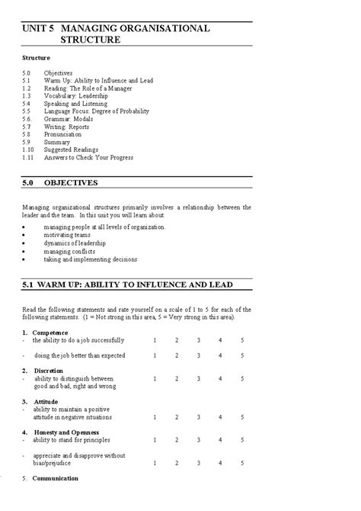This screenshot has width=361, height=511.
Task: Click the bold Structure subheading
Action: (37, 57)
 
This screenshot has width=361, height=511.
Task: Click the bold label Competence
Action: (50, 332)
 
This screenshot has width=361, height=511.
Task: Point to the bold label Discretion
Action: (49, 370)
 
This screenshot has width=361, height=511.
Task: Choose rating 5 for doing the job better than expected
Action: (242, 355)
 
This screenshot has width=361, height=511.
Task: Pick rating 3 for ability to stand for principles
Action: (198, 440)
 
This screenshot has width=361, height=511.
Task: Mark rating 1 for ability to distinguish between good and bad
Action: (155, 378)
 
